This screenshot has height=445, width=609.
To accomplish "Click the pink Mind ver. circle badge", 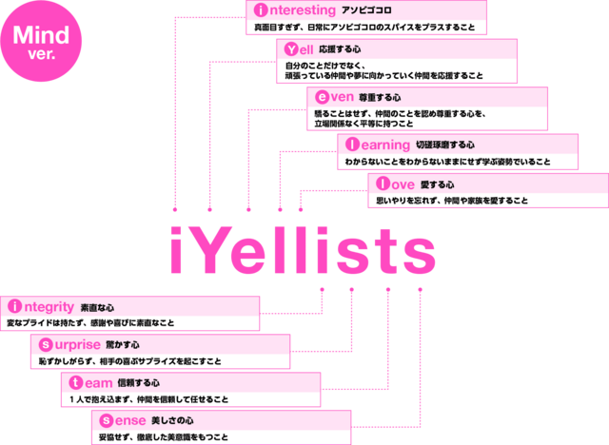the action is pyautogui.click(x=41, y=41).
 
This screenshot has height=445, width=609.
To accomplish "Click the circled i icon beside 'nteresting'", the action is pyautogui.click(x=261, y=10).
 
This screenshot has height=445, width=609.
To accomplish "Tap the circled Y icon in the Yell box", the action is pyautogui.click(x=291, y=49).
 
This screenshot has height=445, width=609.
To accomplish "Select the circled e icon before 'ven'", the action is pyautogui.click(x=322, y=97).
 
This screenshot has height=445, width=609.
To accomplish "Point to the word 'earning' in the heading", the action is pyautogui.click(x=385, y=145).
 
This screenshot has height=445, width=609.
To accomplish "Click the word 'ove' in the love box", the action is pyautogui.click(x=403, y=184).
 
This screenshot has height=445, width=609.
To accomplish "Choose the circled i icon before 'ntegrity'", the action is pyautogui.click(x=15, y=306).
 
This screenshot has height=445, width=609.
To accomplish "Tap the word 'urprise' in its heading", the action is pyautogui.click(x=78, y=344).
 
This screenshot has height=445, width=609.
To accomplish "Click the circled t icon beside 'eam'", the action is pyautogui.click(x=76, y=383).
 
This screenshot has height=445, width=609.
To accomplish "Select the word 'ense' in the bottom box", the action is pyautogui.click(x=130, y=420).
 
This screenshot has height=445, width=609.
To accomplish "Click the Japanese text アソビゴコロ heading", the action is pyautogui.click(x=366, y=10).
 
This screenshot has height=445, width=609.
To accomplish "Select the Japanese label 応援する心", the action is pyautogui.click(x=340, y=49).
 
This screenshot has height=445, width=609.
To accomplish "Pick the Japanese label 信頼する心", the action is pyautogui.click(x=138, y=383).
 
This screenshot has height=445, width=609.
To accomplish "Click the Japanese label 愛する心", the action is pyautogui.click(x=438, y=184).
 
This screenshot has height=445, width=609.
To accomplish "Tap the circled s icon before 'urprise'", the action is pyautogui.click(x=46, y=344).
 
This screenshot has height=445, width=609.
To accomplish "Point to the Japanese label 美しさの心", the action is pyautogui.click(x=172, y=420).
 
